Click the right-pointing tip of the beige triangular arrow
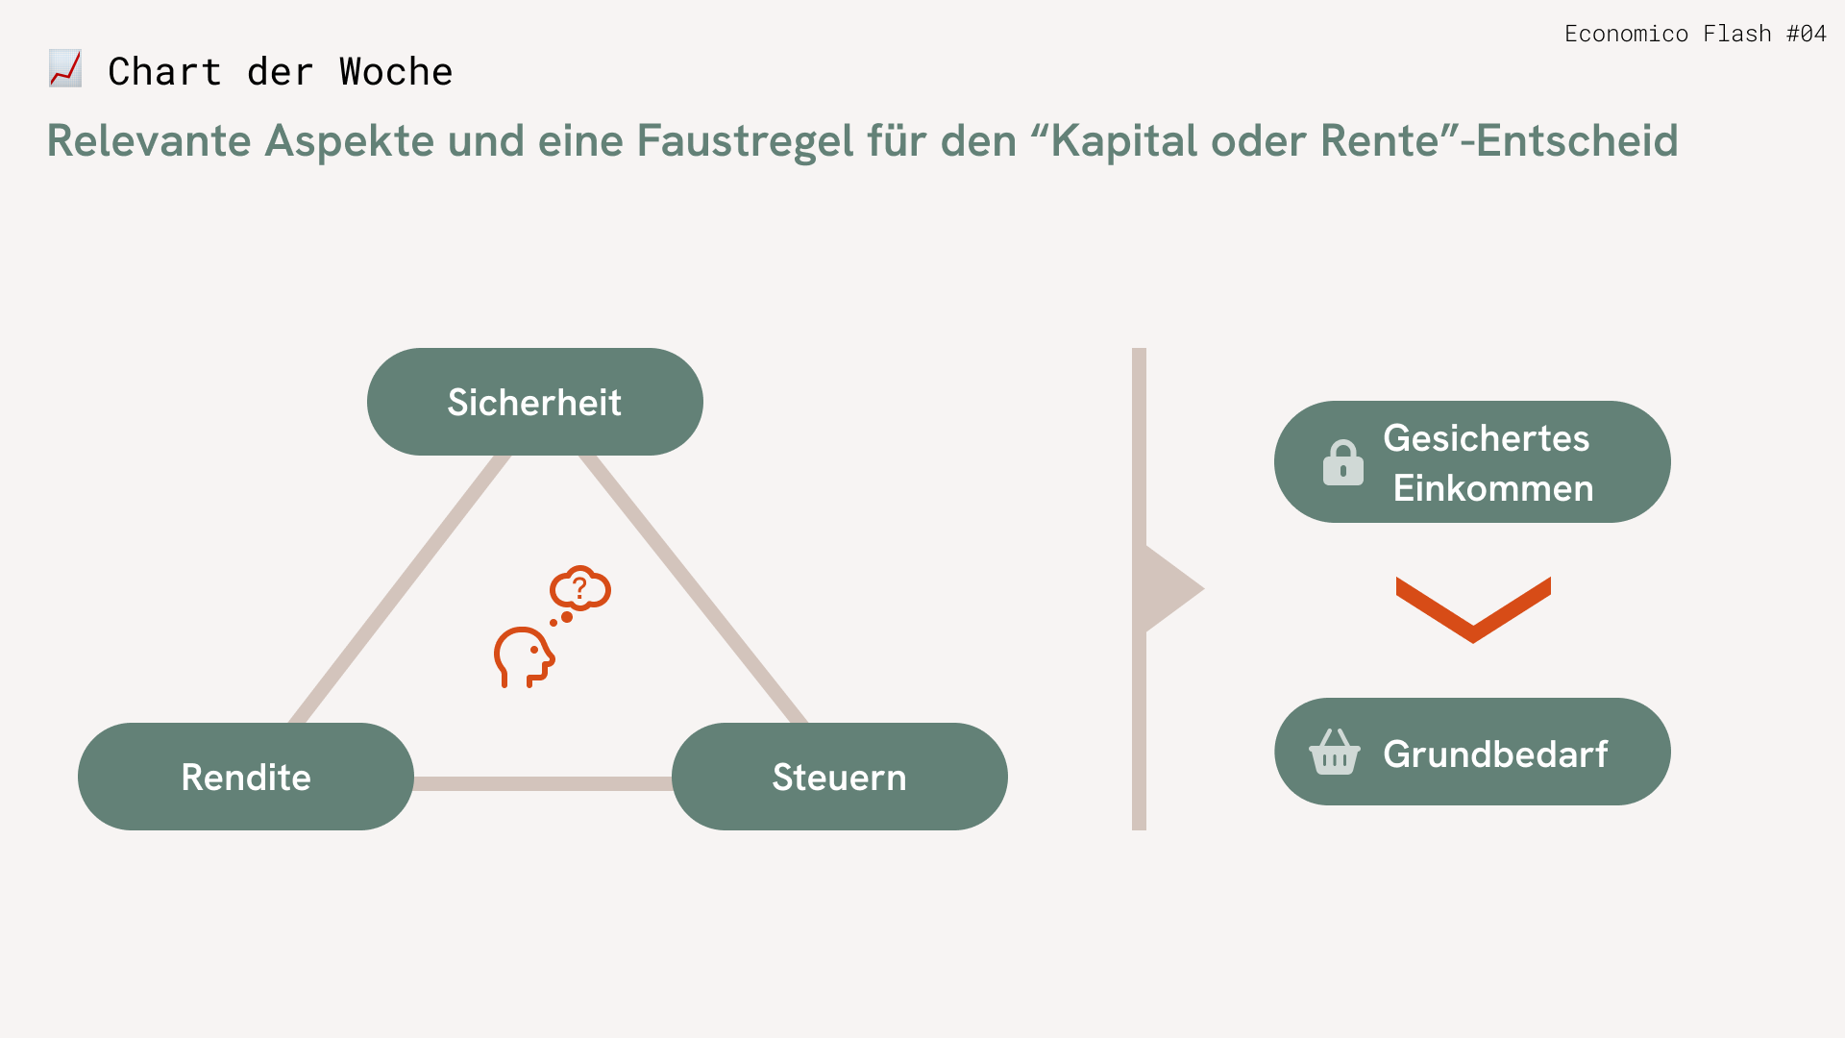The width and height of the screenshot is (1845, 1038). pyautogui.click(x=1204, y=589)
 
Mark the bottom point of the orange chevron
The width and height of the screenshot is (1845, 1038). pyautogui.click(x=1473, y=643)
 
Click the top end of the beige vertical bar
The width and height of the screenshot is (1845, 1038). pyautogui.click(x=1139, y=349)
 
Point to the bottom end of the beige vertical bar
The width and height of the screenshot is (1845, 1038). pyautogui.click(x=1139, y=829)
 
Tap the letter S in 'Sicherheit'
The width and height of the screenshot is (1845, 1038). pyautogui.click(x=458, y=403)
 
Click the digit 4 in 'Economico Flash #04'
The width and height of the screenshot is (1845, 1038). pyautogui.click(x=1818, y=34)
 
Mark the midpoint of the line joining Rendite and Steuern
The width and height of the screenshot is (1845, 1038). pyautogui.click(x=543, y=783)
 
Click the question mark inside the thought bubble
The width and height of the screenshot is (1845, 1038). pyautogui.click(x=579, y=587)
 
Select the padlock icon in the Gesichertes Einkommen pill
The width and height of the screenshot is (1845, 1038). pyautogui.click(x=1342, y=462)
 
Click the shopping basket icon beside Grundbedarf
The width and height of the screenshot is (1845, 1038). pyautogui.click(x=1335, y=752)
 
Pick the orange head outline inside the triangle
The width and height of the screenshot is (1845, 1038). pyautogui.click(x=524, y=657)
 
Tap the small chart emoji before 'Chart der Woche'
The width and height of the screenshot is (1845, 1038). pyautogui.click(x=65, y=69)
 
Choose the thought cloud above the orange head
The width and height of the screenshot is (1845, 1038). pyautogui.click(x=580, y=588)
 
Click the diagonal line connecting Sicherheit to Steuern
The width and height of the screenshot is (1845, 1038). pyautogui.click(x=694, y=588)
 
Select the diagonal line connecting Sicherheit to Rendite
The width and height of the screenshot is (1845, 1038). pyautogui.click(x=400, y=588)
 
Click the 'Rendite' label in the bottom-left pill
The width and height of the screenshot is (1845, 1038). pyautogui.click(x=246, y=777)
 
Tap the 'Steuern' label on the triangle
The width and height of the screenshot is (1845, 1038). pyautogui.click(x=839, y=777)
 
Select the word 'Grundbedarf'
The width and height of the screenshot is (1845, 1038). pyautogui.click(x=1495, y=754)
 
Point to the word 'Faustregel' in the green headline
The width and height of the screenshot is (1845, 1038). pyautogui.click(x=745, y=140)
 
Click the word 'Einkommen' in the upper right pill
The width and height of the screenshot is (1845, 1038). pyautogui.click(x=1493, y=488)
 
